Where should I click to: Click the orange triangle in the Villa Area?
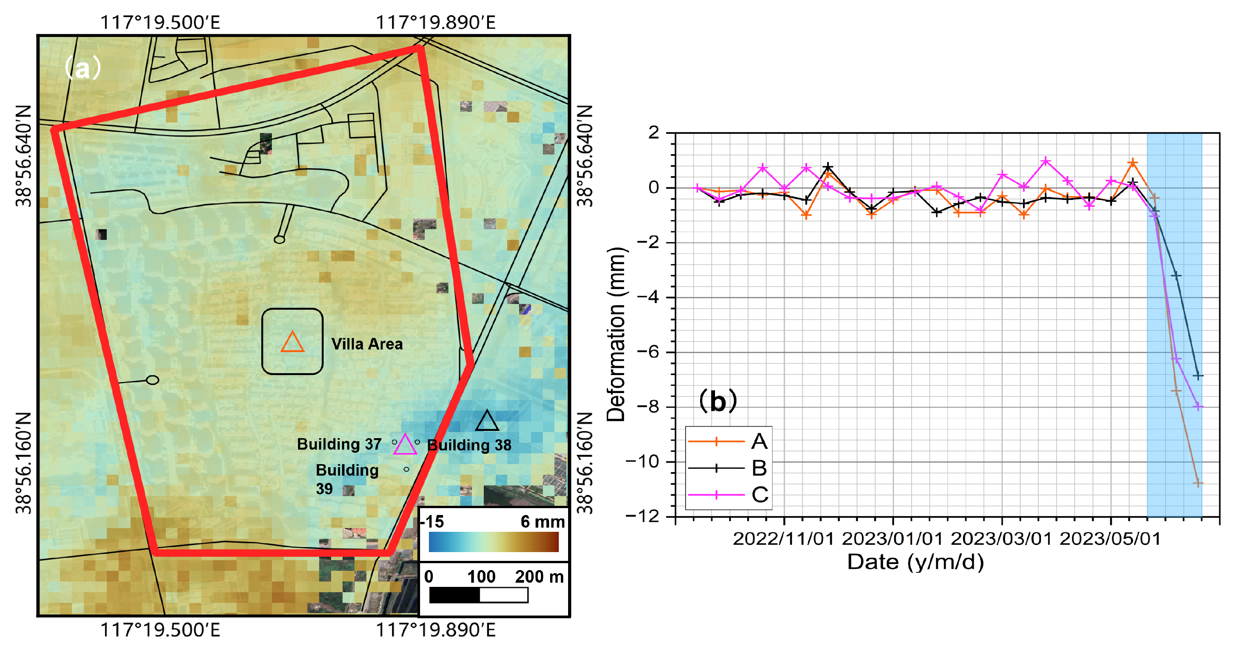(292, 343)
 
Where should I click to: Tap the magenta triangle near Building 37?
(405, 445)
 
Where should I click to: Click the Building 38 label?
(469, 445)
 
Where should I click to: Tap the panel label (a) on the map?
(82, 68)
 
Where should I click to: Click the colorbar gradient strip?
(493, 542)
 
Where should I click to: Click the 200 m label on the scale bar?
(539, 577)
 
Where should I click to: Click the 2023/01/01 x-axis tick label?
(892, 539)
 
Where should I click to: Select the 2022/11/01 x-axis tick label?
(783, 539)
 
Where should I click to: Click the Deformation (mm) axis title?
(616, 334)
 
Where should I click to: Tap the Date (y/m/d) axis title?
(915, 562)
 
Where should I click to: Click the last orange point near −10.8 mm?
(1197, 483)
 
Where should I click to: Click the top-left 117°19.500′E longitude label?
(160, 23)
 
